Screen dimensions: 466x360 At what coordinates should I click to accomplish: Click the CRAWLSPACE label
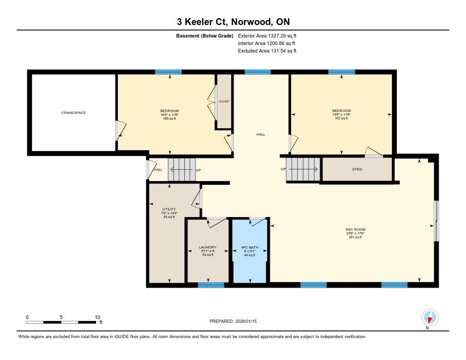73,113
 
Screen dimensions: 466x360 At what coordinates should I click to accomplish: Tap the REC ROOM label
355,229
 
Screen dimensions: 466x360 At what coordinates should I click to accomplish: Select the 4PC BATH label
250,247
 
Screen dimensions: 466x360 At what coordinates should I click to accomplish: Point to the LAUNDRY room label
208,247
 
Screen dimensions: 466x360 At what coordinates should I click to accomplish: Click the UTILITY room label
169,209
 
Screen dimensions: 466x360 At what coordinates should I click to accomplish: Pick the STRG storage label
357,169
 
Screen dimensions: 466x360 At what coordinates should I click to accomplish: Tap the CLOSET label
224,101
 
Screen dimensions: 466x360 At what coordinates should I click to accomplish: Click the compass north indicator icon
430,318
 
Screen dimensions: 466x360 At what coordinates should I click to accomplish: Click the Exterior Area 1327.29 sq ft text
267,36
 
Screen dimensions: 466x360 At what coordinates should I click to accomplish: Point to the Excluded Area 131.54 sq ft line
267,51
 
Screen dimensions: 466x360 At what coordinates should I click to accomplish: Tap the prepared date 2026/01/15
246,321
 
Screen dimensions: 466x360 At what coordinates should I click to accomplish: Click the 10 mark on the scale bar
97,317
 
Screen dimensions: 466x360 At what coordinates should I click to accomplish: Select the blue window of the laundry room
211,285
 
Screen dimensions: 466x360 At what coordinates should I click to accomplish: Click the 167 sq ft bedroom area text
341,118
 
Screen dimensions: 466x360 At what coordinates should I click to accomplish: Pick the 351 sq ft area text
355,237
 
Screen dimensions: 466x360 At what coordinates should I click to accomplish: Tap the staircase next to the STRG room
303,169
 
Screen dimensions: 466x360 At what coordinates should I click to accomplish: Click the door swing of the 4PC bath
258,222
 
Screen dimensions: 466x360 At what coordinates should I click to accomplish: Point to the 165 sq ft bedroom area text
170,119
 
